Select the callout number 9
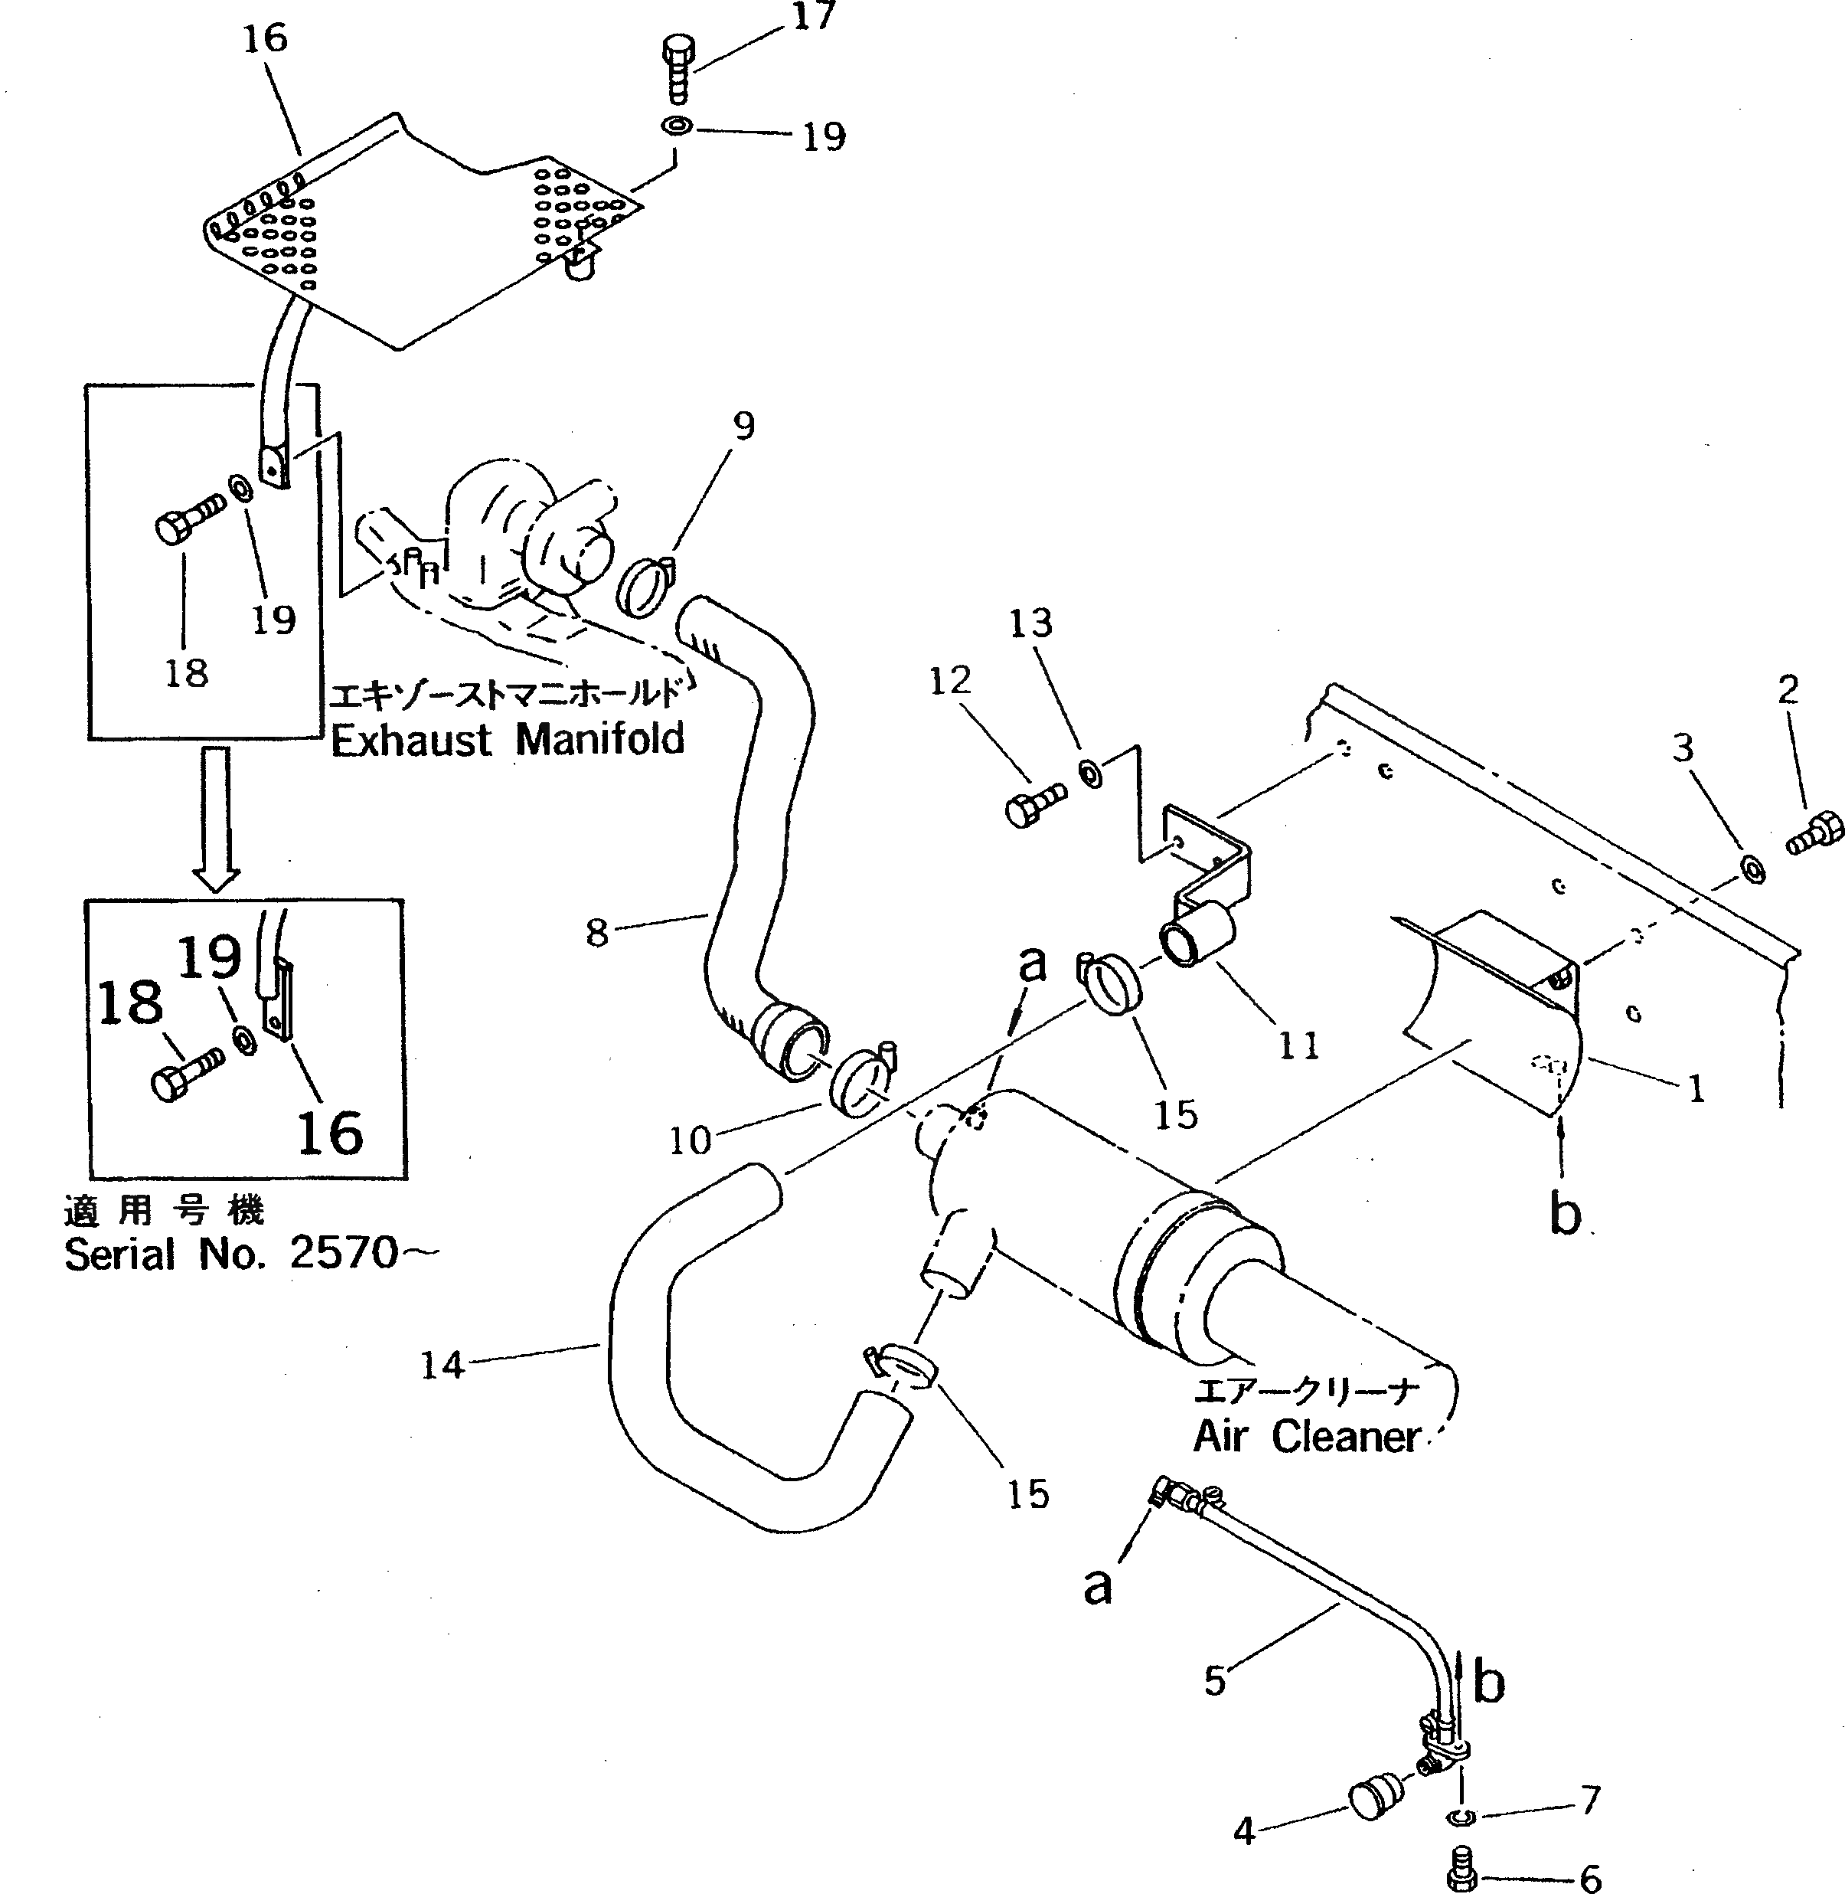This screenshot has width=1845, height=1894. pyautogui.click(x=743, y=426)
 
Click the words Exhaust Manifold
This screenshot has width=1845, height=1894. pyautogui.click(x=508, y=740)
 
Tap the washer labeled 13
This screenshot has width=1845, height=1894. pyautogui.click(x=1091, y=774)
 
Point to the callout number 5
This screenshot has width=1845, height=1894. pyautogui.click(x=1215, y=1682)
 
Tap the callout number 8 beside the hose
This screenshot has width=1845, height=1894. pyautogui.click(x=597, y=933)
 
